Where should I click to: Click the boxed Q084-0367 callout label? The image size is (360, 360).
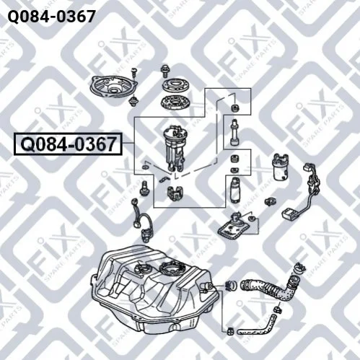[68, 144]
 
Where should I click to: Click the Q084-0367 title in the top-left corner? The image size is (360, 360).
[51, 17]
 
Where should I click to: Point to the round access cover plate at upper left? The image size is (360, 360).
[113, 87]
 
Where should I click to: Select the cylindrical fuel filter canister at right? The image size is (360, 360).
[281, 167]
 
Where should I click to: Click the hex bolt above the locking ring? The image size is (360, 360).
[165, 71]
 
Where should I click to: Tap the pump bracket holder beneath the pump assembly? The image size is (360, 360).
[175, 193]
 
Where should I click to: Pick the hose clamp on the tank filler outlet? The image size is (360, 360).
[232, 285]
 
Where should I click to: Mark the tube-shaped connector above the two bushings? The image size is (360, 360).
[234, 132]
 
